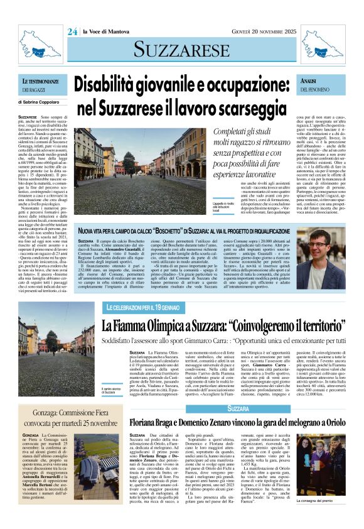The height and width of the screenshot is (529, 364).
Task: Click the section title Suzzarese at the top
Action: coord(181,49)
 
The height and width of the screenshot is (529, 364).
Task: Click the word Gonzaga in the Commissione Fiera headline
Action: coord(50,415)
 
